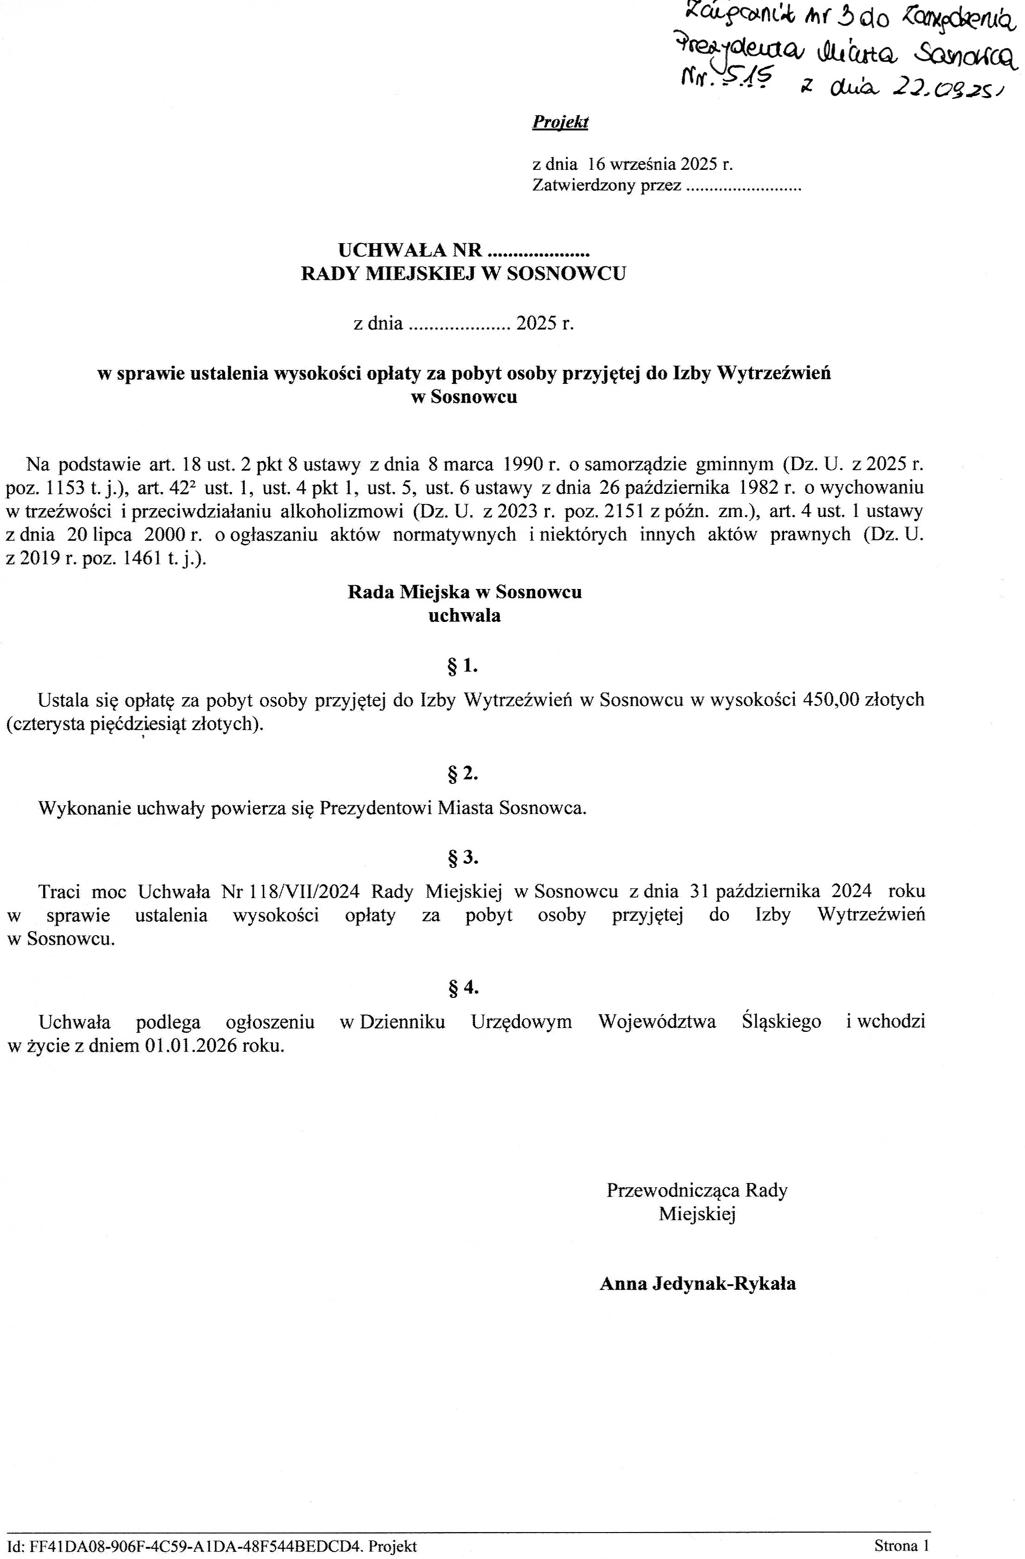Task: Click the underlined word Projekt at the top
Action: (560, 123)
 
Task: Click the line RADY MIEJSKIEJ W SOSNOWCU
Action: (463, 273)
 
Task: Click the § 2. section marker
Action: (463, 774)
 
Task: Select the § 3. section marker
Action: (463, 857)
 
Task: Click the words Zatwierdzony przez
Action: (606, 186)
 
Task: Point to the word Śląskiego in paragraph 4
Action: (781, 1021)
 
